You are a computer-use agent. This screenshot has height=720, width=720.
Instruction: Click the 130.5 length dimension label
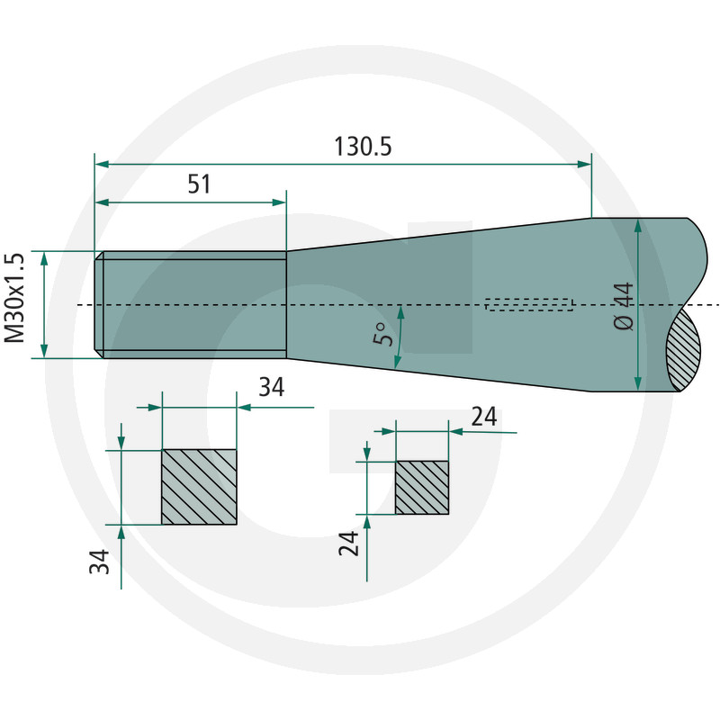point(363,147)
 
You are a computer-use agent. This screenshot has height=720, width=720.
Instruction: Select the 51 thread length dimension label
point(199,184)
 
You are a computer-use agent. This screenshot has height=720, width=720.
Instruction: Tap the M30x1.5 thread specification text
point(14,298)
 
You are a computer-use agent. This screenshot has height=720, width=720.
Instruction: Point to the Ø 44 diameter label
point(623,306)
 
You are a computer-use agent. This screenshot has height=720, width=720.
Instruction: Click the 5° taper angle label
point(383,334)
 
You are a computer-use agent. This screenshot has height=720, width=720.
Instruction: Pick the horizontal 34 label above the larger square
point(272,387)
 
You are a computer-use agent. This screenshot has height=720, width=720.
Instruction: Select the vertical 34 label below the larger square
point(99,562)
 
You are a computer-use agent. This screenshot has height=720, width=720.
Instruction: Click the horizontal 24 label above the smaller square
point(484,417)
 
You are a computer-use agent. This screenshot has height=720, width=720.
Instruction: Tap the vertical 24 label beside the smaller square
point(348,544)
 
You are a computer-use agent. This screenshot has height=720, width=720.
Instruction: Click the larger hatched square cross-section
point(199,487)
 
